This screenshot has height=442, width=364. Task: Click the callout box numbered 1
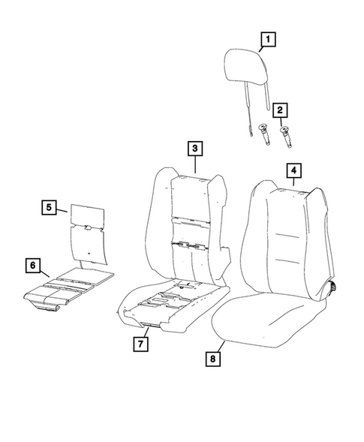point(268,38)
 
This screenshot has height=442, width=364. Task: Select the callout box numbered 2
point(280,110)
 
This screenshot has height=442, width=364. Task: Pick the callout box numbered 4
point(293,172)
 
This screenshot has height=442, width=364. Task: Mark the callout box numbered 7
point(140,344)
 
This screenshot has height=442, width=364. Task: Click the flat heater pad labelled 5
point(89,229)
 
